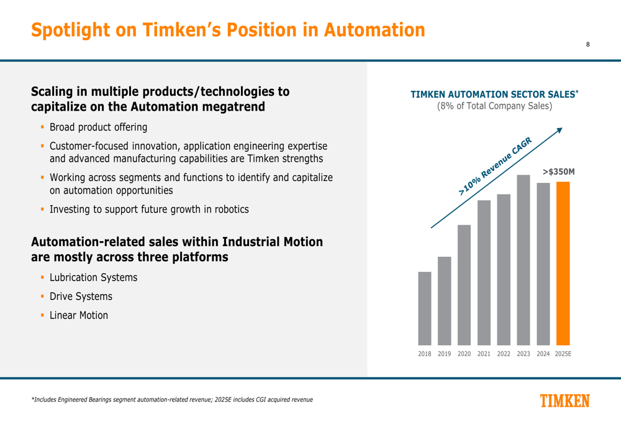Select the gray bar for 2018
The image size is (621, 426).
coord(425,308)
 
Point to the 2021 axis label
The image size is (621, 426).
coord(484,354)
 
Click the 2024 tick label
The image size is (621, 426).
coord(543,354)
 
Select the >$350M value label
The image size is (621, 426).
coord(558,171)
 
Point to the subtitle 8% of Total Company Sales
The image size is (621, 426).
coord(494,106)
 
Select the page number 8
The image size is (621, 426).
coord(587,44)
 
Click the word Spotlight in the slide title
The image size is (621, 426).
coord(71,29)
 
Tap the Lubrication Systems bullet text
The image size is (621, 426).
coord(93,277)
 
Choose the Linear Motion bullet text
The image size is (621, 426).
coord(78,316)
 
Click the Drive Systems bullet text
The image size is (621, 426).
coord(81,297)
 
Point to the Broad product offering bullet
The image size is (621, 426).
coord(98,127)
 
